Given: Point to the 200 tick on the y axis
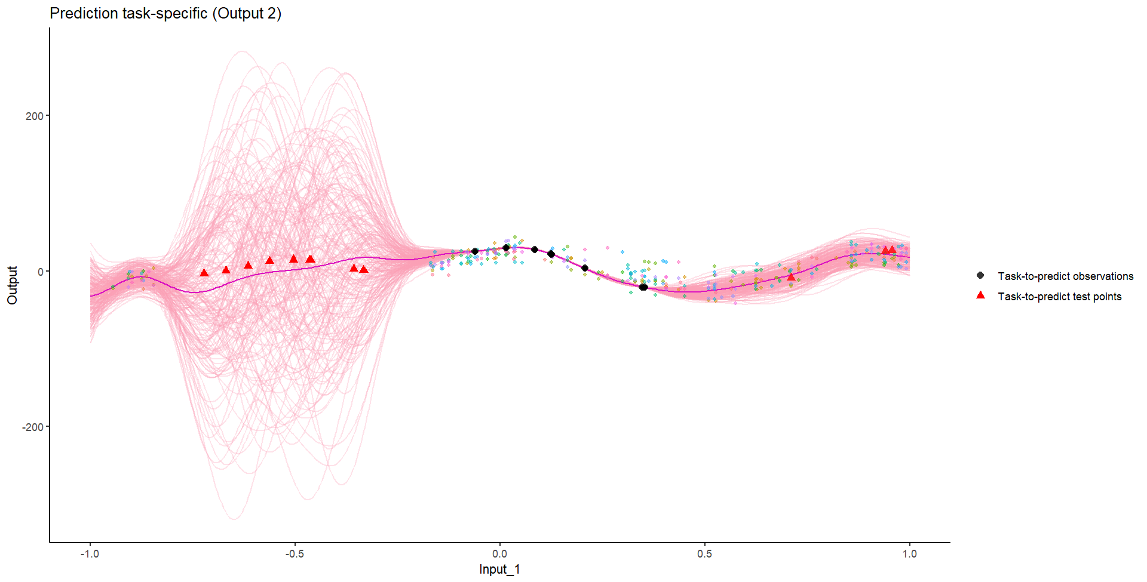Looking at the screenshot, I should pyautogui.click(x=35, y=116).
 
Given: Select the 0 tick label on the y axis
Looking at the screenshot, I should pyautogui.click(x=41, y=272).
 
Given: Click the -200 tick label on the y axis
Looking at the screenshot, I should pyautogui.click(x=33, y=427).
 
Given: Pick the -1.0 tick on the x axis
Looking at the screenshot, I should pyautogui.click(x=90, y=554).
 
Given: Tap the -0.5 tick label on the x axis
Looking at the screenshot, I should pyautogui.click(x=295, y=554).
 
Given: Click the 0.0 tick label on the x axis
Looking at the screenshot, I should pyautogui.click(x=500, y=554).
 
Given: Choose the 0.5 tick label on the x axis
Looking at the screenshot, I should pyautogui.click(x=705, y=554).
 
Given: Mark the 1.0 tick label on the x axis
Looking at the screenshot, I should pyautogui.click(x=910, y=554).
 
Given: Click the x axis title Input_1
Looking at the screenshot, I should pyautogui.click(x=499, y=569).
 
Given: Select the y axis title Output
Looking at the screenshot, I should pyautogui.click(x=13, y=285).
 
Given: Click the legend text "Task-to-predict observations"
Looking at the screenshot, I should pyautogui.click(x=1065, y=276).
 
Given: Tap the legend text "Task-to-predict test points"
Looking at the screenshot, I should pyautogui.click(x=1059, y=297).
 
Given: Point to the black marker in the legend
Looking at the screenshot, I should pyautogui.click(x=980, y=276).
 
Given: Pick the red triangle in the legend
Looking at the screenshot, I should pyautogui.click(x=980, y=295).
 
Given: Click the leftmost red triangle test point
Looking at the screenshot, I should pyautogui.click(x=204, y=273).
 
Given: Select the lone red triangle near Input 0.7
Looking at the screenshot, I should pyautogui.click(x=791, y=276).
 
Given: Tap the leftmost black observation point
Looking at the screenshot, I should pyautogui.click(x=475, y=251).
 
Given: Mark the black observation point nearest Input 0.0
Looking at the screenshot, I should pyautogui.click(x=506, y=248).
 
